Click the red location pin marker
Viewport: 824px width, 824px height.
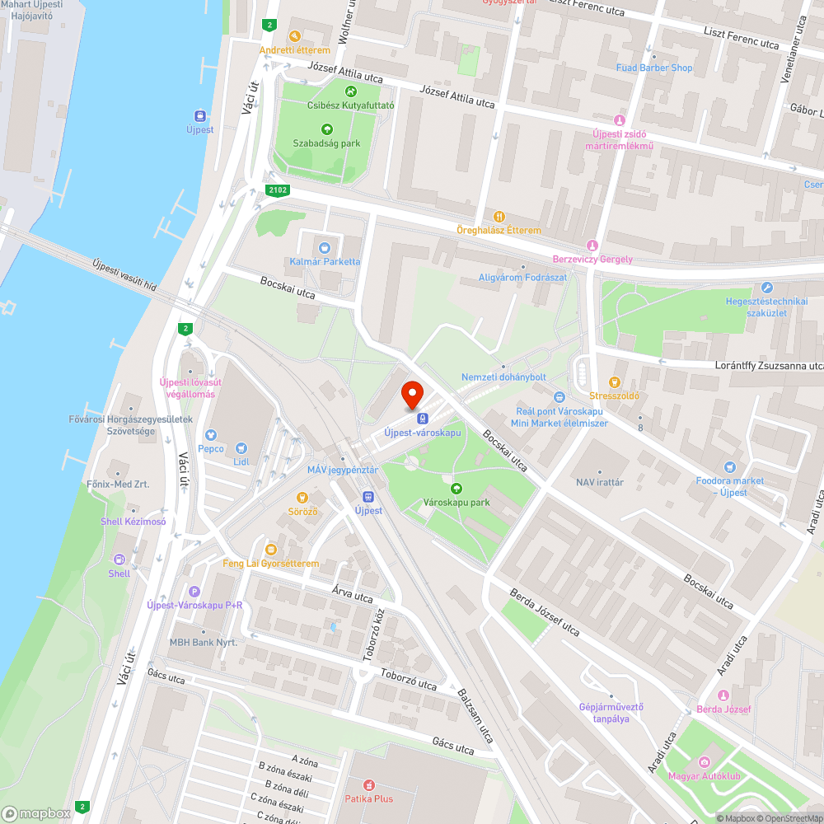411,395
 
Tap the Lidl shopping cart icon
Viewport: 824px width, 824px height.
241,448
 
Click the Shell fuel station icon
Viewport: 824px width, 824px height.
119,559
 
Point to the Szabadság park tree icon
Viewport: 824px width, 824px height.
327,129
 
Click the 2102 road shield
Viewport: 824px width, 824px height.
279,190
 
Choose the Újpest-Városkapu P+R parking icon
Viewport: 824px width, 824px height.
194,591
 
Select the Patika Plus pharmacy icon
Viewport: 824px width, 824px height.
368,784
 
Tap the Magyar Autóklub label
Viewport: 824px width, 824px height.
704,775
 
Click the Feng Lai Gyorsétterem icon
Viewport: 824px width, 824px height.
270,550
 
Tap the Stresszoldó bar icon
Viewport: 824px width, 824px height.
614,382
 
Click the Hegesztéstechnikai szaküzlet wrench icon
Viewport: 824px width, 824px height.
767,288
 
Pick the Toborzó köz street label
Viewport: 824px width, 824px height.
373,635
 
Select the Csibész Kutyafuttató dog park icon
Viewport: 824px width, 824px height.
351,91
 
